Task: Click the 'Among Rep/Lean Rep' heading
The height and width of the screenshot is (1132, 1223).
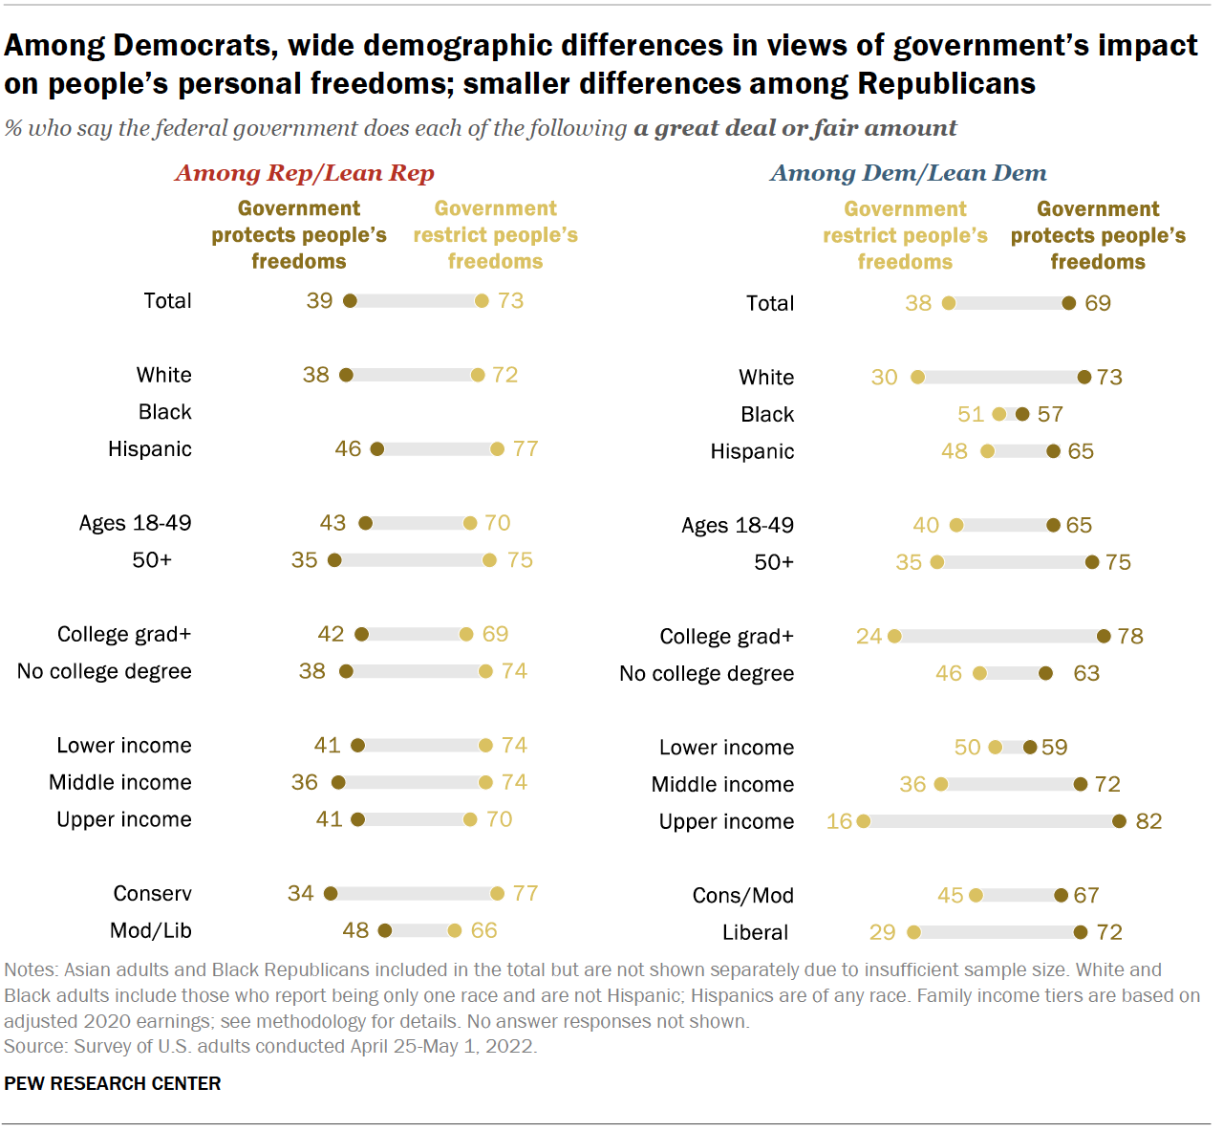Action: [x=304, y=173]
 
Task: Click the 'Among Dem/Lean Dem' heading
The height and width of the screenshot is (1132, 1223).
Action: [x=908, y=173]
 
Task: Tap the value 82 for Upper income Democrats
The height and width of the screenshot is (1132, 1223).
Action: [x=1148, y=821]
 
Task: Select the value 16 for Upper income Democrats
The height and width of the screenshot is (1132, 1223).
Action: [x=839, y=821]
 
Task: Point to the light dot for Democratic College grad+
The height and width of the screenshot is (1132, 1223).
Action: [x=894, y=636]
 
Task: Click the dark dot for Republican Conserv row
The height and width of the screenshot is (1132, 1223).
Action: [x=331, y=894]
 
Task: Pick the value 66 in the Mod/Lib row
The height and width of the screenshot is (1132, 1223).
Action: [x=483, y=930]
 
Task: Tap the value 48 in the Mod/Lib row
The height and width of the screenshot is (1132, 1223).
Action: [x=355, y=930]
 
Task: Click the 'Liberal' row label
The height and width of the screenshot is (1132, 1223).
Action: [x=755, y=932]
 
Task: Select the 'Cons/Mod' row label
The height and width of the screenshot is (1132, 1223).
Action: [x=742, y=896]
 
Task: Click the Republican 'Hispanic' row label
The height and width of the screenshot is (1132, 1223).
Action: [x=149, y=449]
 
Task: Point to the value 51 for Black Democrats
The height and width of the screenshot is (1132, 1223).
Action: [x=970, y=414]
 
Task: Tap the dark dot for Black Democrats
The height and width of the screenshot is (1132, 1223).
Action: [x=1022, y=414]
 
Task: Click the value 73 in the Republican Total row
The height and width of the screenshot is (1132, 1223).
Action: [x=510, y=301]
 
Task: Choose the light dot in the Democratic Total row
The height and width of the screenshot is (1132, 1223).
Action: [x=948, y=303]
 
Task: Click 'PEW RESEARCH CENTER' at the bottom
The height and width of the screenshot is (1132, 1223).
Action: [x=113, y=1083]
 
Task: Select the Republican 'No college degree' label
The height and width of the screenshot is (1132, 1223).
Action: [x=104, y=671]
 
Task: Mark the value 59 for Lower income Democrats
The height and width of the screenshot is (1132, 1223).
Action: [x=1054, y=747]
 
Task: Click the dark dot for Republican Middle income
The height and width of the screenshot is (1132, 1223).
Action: [x=338, y=783]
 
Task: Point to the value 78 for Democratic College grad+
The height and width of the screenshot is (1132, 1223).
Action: [x=1129, y=636]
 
